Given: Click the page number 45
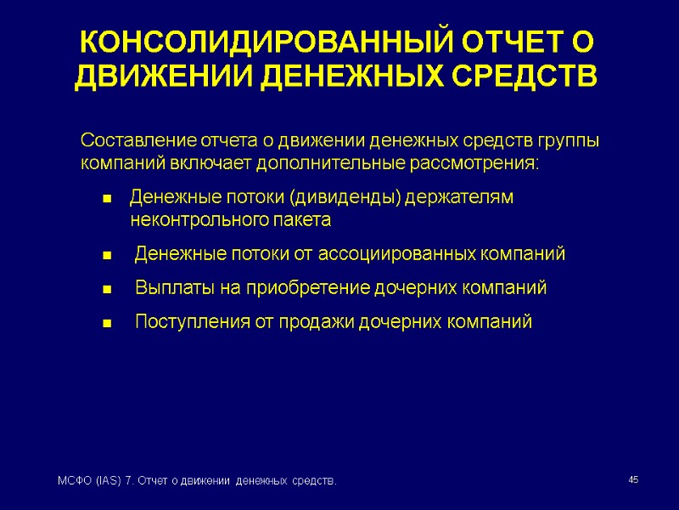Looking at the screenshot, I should pos(632,481).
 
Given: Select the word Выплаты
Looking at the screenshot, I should pos(176,287).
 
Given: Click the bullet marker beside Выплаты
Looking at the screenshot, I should pos(107,290).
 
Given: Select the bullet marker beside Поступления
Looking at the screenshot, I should pos(107,324).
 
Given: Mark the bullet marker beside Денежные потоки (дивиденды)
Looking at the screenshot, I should pos(107,199).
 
